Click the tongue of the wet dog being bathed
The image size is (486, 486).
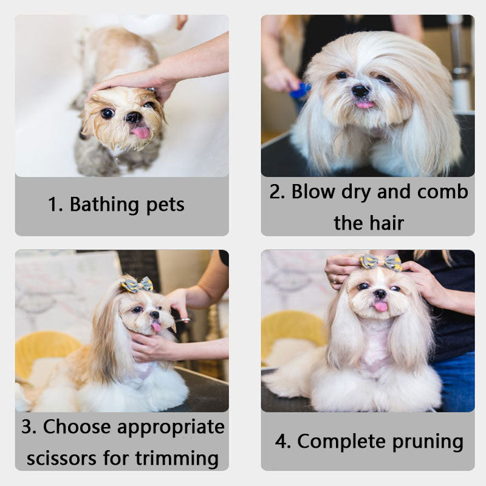141,132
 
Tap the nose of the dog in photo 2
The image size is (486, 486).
360,91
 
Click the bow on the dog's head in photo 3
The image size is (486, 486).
137,284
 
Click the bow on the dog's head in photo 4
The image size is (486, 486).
381,262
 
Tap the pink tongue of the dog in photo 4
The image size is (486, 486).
380,306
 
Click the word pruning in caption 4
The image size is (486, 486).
425,441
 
